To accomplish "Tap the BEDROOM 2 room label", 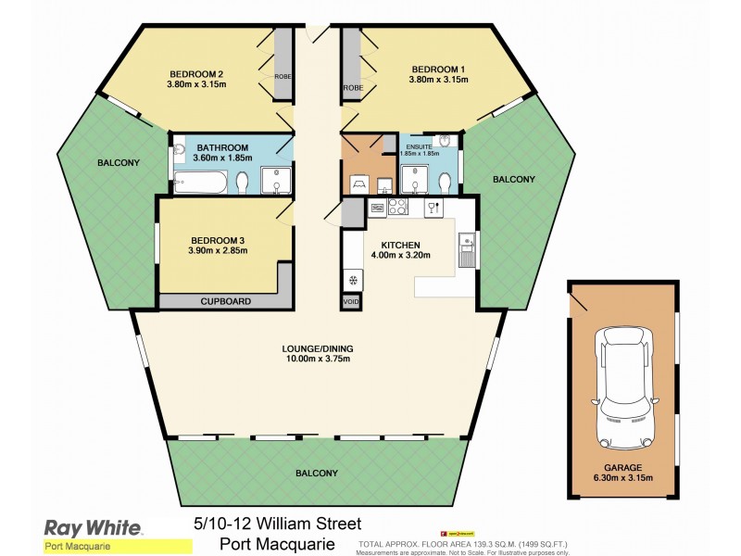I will pos(196,74).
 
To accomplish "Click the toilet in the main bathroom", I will pos(242,184).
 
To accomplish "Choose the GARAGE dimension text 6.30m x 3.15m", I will pos(630,478).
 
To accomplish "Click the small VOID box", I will pos(351,301).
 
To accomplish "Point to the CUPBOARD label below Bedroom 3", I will pos(226,301).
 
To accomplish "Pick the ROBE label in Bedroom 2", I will pos(283,77).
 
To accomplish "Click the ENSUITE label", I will pos(421,145).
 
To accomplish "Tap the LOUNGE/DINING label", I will pos(318,348).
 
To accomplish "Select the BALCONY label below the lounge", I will pos(317,474).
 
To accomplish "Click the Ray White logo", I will pos(94,528).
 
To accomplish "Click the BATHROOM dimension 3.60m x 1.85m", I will pos(221,158).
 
